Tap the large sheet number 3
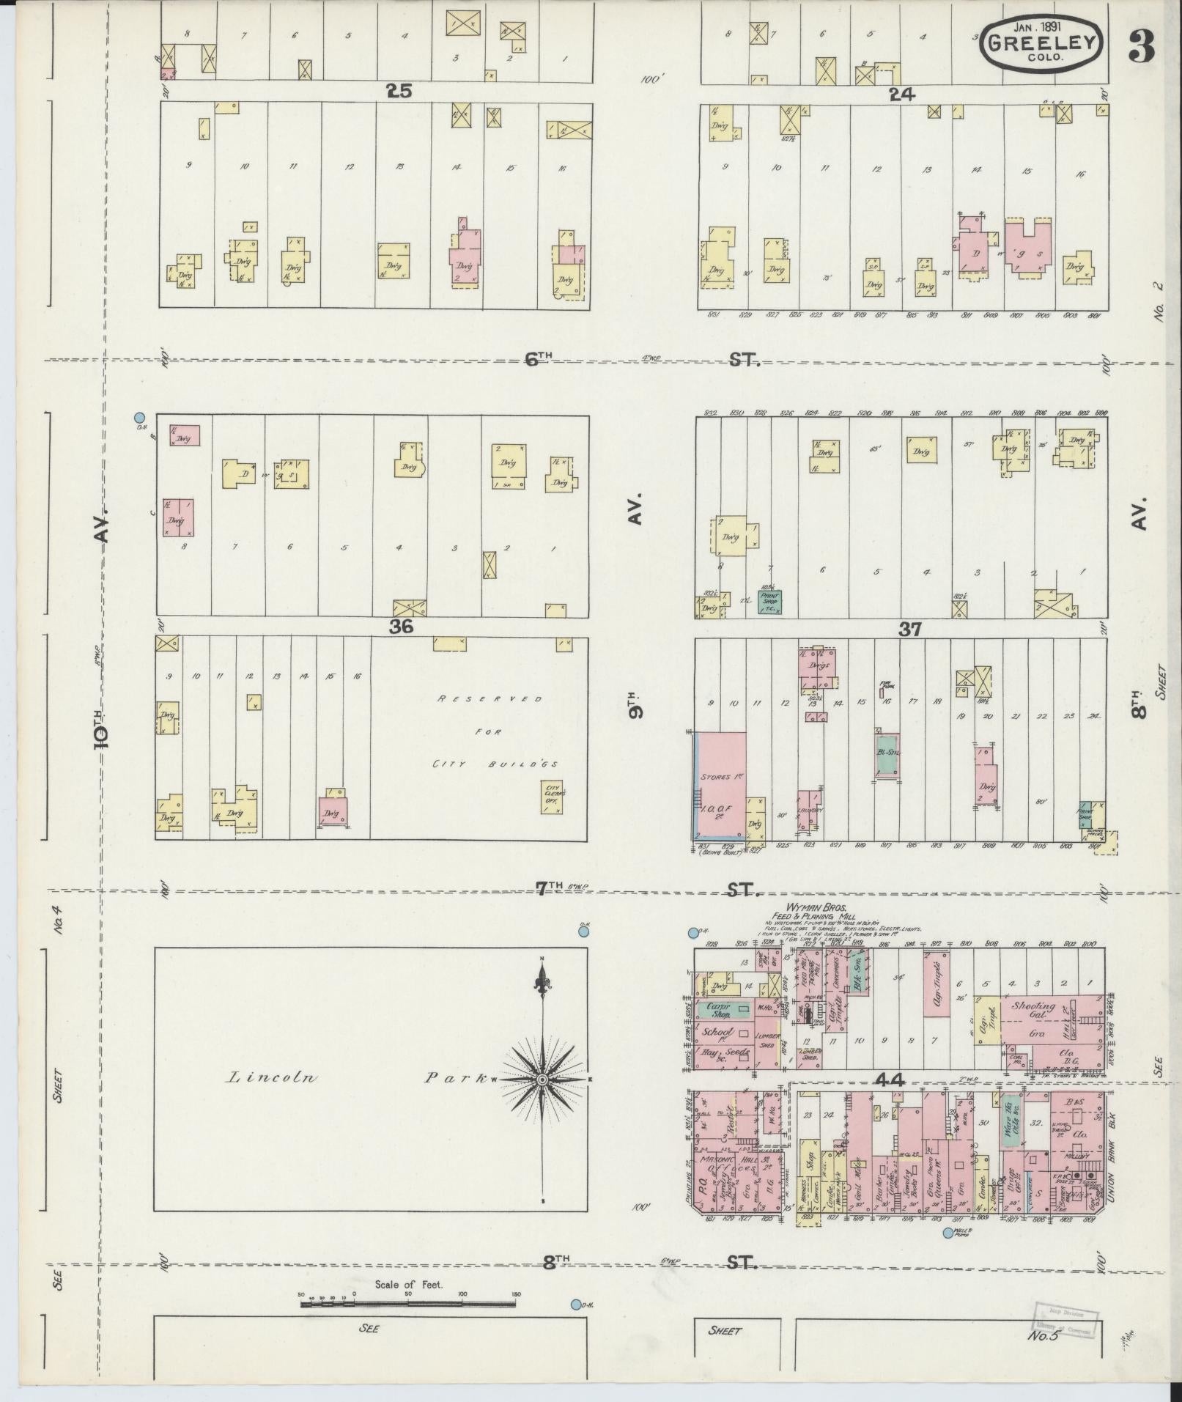[x=1142, y=45]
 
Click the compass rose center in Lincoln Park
[x=542, y=1080]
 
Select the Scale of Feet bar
[x=408, y=790]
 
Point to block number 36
[x=402, y=627]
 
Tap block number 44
[x=889, y=1080]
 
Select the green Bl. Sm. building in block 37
[x=888, y=753]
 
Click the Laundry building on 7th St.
[x=810, y=810]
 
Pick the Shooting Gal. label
[x=1033, y=1008]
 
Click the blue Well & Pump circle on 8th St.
[x=948, y=1233]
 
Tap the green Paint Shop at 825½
[x=769, y=601]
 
